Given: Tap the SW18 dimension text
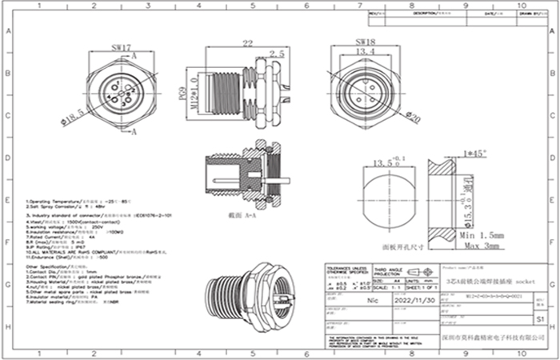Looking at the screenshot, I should pyautogui.click(x=364, y=40).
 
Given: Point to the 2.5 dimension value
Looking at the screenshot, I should pyautogui.click(x=277, y=54).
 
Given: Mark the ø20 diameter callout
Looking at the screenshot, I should pyautogui.click(x=414, y=118).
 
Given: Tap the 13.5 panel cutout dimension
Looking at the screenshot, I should pyautogui.click(x=384, y=163).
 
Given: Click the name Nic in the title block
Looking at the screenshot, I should pyautogui.click(x=371, y=301).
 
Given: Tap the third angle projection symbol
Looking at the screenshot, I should pyautogui.click(x=414, y=273).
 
